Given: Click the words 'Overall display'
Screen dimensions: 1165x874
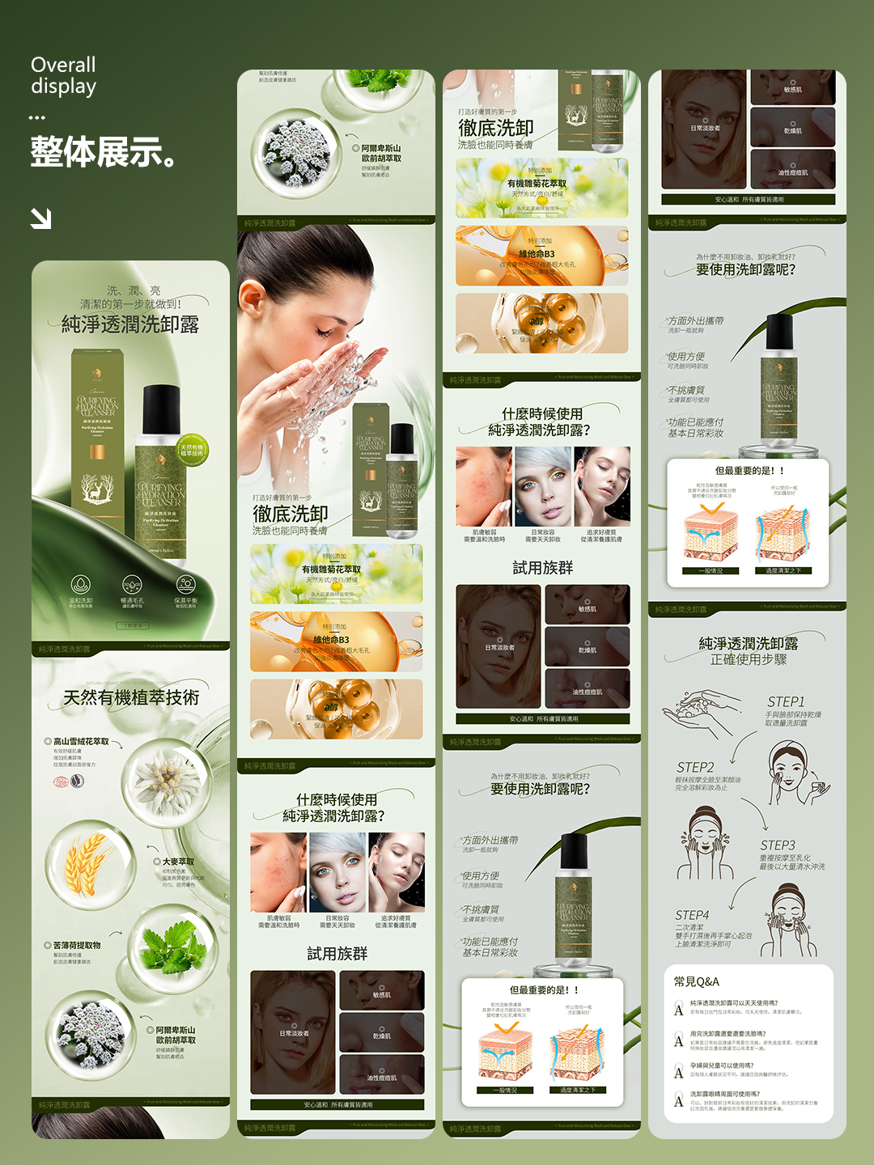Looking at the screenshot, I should [63, 75].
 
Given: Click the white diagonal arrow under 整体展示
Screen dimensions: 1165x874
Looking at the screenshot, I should [40, 218].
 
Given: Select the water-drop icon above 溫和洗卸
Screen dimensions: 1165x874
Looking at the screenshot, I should [80, 584].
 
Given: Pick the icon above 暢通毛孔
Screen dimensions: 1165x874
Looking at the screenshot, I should [132, 584].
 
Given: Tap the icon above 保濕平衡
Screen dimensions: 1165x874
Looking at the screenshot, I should [185, 584].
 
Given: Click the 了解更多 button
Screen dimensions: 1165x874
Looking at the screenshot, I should [132, 625].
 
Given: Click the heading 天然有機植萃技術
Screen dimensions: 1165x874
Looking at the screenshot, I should [131, 697].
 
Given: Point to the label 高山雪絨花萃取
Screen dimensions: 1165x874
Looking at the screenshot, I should [81, 741].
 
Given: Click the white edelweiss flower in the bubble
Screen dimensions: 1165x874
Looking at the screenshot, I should [166, 781].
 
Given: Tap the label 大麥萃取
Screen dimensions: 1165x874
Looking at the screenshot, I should [178, 862].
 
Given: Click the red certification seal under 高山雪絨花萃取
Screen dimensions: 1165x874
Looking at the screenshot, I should [59, 782].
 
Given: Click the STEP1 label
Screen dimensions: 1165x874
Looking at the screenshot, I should [786, 701].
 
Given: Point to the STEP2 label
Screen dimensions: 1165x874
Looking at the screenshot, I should [695, 767].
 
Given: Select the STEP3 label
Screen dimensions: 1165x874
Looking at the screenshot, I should [777, 845].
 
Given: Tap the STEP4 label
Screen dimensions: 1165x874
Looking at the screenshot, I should [692, 915].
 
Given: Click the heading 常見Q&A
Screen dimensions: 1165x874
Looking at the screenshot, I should [696, 981].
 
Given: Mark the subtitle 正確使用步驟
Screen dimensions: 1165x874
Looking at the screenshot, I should [749, 659].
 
